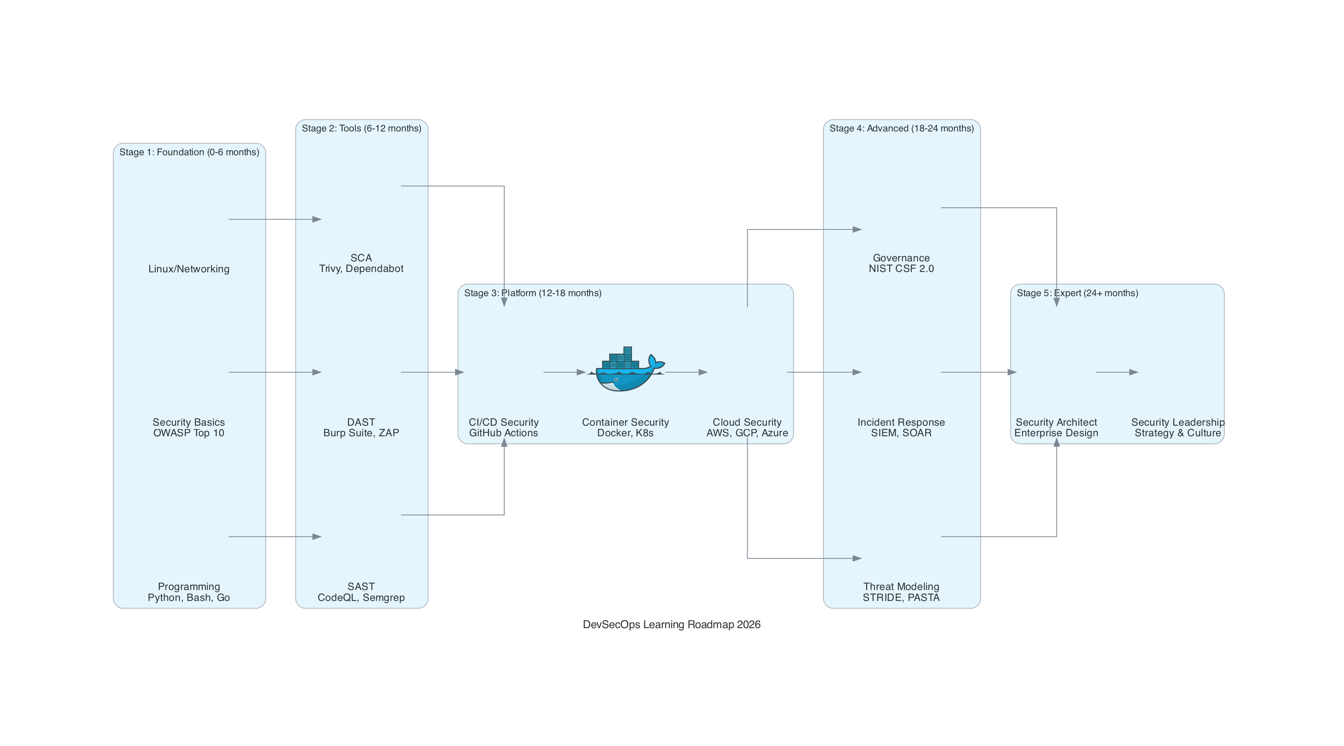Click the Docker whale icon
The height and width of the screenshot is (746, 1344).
[626, 369]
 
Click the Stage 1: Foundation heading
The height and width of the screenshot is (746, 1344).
[189, 152]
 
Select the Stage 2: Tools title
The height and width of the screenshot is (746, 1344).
[361, 128]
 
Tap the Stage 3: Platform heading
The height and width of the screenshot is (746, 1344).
[533, 293]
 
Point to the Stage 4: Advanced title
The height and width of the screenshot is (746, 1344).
[901, 128]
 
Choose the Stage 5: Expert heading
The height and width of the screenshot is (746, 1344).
[1077, 293]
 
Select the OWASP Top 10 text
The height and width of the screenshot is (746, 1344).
[189, 433]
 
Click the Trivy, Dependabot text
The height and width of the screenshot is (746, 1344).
[361, 269]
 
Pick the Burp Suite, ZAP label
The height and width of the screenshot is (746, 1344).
[361, 433]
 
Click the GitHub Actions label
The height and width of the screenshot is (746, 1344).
[504, 433]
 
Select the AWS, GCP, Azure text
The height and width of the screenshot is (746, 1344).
[747, 433]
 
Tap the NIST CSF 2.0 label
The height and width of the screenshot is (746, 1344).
[901, 269]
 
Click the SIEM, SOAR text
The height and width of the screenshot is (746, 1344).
[901, 433]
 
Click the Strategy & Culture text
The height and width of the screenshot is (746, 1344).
[1177, 433]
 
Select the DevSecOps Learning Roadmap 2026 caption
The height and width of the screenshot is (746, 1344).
[672, 624]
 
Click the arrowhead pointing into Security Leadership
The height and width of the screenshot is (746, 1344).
[1133, 372]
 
